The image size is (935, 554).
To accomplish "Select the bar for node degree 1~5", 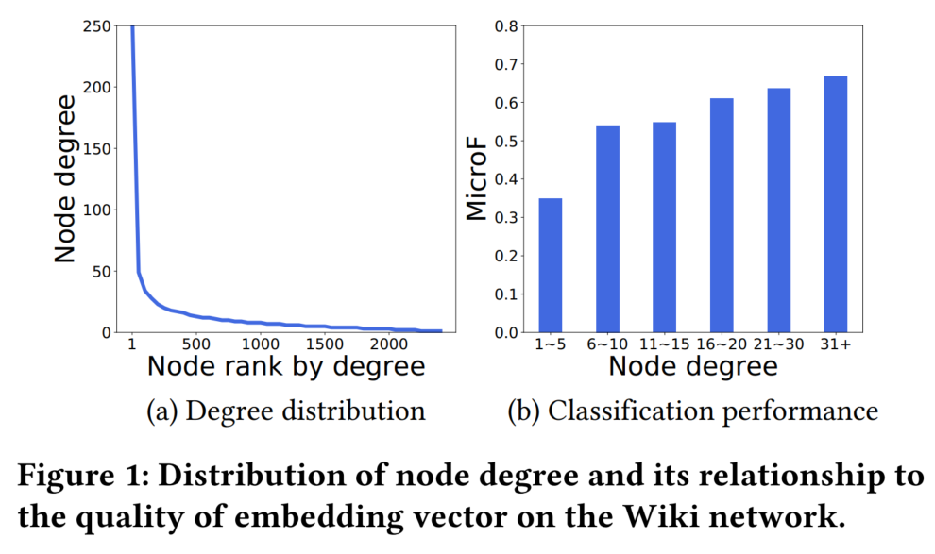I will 550,265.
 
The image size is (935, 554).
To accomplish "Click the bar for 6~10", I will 607,229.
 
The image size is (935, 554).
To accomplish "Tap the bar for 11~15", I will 664,227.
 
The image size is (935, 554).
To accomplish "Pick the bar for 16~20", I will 722,215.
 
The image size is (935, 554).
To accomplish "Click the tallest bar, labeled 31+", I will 836,204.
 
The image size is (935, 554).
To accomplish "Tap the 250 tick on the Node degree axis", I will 95,26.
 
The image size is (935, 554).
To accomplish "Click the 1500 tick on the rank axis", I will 324,344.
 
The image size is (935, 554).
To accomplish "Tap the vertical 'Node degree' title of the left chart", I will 64,179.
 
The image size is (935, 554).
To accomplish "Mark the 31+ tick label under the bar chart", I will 836,344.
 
